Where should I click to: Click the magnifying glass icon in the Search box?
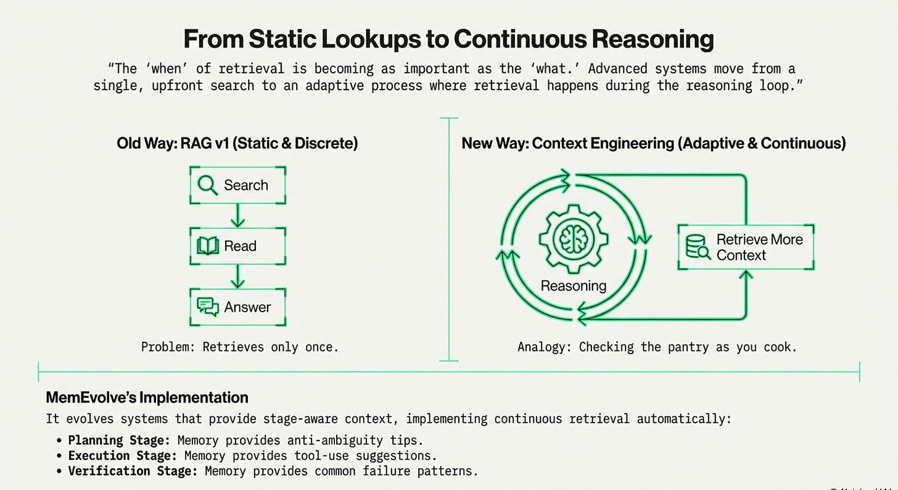208,185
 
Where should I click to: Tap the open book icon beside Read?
208,246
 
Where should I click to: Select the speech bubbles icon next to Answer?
208,307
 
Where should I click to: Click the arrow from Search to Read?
237,215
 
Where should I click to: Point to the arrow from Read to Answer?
237,276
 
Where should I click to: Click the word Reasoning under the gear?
573,286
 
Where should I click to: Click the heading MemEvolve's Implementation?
147,397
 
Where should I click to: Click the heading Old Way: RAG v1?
237,143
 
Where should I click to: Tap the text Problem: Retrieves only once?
240,347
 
